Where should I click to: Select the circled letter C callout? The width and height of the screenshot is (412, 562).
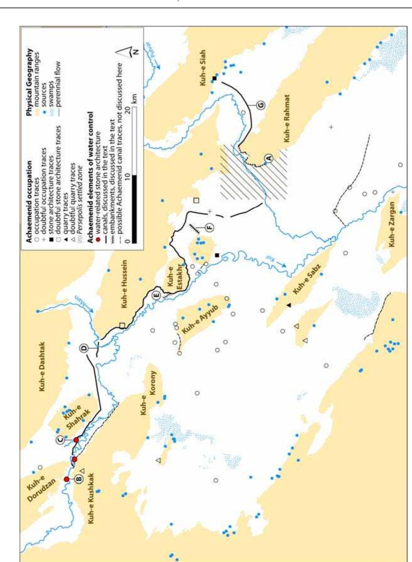coord(61,439)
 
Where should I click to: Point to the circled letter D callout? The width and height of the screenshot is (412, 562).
coord(84,348)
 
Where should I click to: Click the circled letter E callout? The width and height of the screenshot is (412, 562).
coord(156,295)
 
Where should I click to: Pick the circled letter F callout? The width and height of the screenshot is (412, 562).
coord(209,227)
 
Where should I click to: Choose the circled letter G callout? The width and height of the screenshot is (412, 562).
coord(261,105)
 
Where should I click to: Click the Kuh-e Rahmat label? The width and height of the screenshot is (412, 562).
coord(287,118)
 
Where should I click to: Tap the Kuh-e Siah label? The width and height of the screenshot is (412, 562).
coord(202,68)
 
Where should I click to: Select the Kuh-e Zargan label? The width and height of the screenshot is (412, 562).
coord(392,224)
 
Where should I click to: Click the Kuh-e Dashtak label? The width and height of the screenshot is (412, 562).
coord(42,367)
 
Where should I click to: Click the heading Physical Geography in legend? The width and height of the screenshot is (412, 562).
coord(29,82)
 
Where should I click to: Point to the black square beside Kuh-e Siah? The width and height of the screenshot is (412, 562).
coord(215,78)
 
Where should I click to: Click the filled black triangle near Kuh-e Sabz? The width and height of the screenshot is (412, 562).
coord(289,305)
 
